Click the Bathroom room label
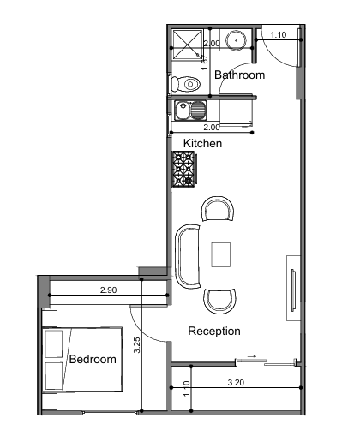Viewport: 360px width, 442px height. pos(239,75)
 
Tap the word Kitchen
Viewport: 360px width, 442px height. pos(202,143)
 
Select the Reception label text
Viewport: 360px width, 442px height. pos(214,331)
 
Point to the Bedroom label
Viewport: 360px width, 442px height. pos(93,359)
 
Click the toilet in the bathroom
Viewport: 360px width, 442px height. pos(185,84)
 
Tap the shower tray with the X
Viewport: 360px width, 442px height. pos(188,45)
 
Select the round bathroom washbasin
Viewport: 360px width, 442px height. pos(236,40)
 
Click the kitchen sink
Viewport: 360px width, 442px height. pos(190,110)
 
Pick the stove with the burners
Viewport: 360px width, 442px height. pos(184,169)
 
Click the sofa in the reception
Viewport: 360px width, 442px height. pos(187,256)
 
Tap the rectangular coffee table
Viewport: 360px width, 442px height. pos(221,254)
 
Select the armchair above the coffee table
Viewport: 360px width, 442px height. pos(218,208)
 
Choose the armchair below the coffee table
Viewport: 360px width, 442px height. pos(219,302)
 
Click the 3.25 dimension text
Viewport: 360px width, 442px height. pos(137,345)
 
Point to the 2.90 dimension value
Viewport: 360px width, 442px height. pos(109,290)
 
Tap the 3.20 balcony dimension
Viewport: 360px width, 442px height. pos(236,382)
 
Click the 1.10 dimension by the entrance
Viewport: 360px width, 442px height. pos(279,35)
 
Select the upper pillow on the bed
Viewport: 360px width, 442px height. pos(54,344)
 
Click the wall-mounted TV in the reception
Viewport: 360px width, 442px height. pos(293,290)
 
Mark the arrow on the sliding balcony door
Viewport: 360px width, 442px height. pos(252,356)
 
